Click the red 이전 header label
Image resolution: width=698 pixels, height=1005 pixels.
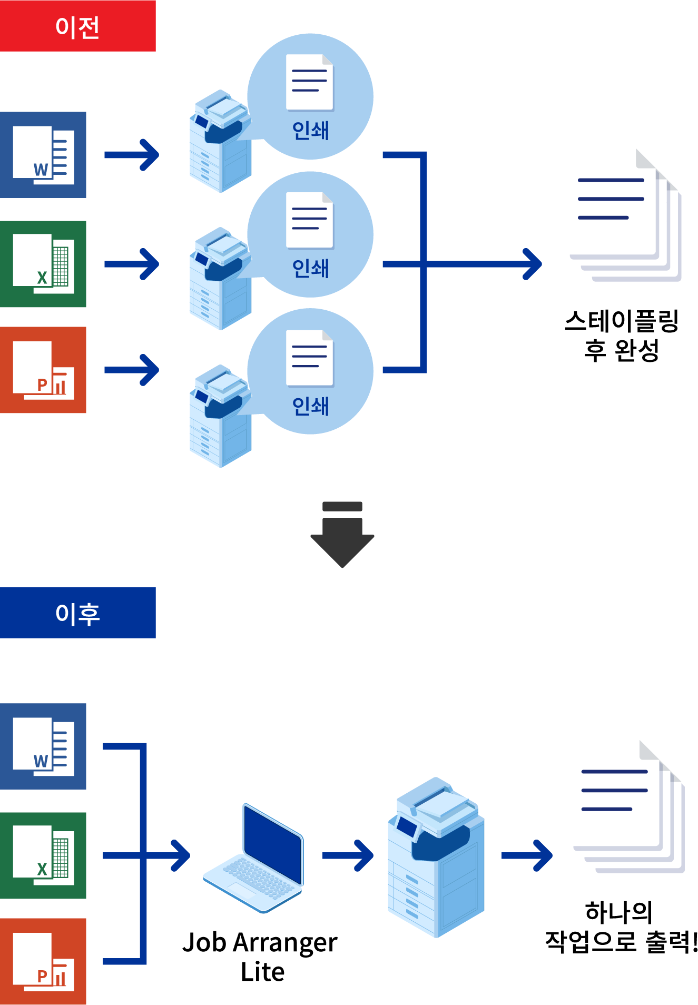(77, 26)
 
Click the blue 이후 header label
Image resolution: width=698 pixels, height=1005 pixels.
(77, 613)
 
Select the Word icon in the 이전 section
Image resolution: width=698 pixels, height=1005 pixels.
(43, 155)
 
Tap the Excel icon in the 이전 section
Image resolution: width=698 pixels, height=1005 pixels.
(43, 264)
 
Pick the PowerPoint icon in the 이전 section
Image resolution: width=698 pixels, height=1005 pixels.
(43, 370)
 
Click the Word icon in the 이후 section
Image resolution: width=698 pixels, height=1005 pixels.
(43, 746)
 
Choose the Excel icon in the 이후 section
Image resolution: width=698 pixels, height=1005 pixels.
(43, 855)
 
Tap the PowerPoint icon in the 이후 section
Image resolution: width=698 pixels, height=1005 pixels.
(43, 961)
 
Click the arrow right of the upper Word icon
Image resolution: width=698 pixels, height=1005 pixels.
(132, 155)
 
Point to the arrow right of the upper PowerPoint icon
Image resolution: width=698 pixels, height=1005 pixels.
(132, 370)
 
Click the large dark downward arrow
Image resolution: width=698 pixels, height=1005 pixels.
(342, 535)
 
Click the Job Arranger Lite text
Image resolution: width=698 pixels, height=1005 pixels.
(260, 957)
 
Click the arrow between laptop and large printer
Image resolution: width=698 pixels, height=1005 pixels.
(348, 855)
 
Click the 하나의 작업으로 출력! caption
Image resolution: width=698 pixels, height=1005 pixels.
(621, 927)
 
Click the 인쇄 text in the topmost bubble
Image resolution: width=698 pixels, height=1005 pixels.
(310, 130)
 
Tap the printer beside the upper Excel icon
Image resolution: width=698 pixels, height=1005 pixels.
(220, 279)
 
